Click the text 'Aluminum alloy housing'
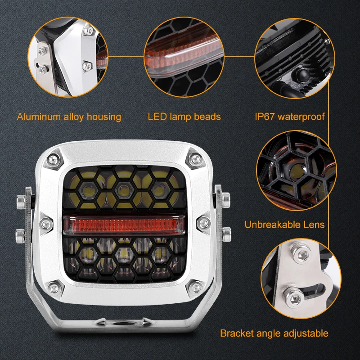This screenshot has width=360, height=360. coord(69,117)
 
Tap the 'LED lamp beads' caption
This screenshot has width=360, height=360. coord(184,117)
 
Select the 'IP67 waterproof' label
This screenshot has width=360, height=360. coord(290,117)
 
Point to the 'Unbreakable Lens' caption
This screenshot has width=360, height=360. coord(284,225)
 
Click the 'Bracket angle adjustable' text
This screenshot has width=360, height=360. coord(274,333)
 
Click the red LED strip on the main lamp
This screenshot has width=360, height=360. coord(124,224)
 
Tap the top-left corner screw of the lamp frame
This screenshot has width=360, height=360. coord(54,159)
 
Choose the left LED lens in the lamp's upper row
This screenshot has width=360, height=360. coord(88,190)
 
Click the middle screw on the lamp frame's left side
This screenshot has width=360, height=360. coord(46,224)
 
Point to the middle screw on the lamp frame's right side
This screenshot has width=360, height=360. coord(203,223)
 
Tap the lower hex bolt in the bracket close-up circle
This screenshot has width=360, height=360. coord(294,298)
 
